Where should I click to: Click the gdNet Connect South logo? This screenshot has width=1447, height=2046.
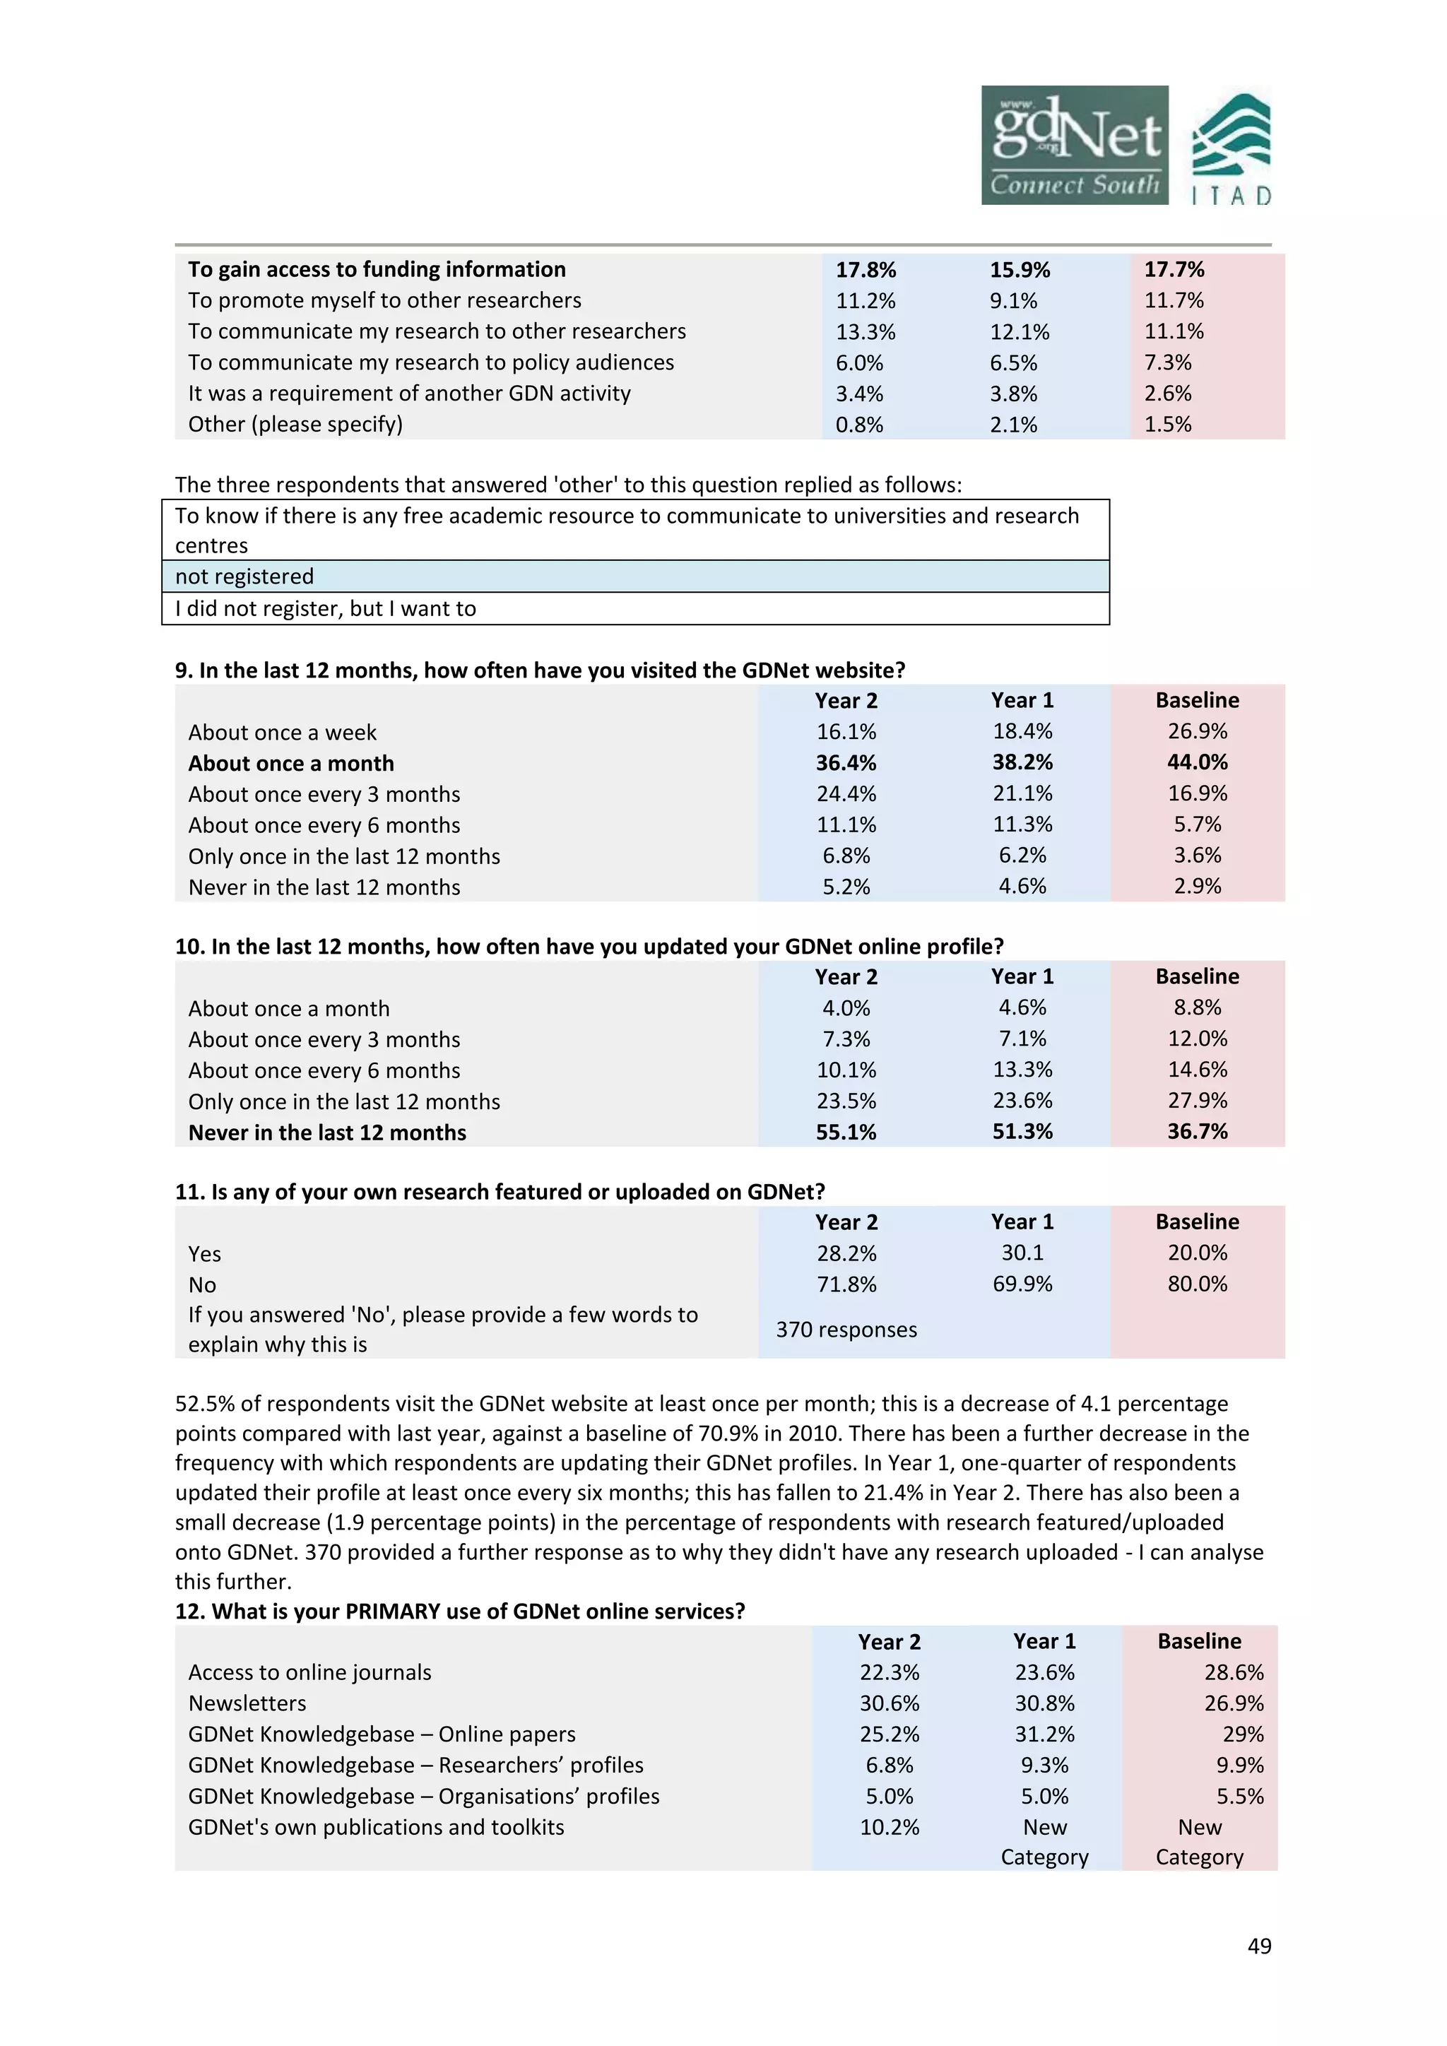click(x=1074, y=146)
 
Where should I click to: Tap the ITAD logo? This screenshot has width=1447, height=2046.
click(x=1232, y=149)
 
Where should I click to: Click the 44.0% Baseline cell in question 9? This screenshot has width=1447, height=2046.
click(x=1197, y=763)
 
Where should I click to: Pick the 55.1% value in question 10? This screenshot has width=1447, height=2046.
click(x=846, y=1133)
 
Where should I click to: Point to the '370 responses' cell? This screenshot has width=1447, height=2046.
click(x=846, y=1330)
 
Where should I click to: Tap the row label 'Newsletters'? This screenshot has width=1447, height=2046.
click(x=247, y=1703)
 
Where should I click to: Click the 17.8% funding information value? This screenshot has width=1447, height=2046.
click(x=866, y=270)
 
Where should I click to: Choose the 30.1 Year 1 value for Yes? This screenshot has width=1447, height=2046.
click(x=1022, y=1253)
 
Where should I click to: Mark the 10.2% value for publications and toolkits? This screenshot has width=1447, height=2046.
click(x=888, y=1827)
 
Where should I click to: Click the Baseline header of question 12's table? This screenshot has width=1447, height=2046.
click(x=1198, y=1641)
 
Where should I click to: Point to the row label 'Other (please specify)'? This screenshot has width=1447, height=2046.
click(x=295, y=424)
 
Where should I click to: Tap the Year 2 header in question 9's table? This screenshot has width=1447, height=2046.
click(x=846, y=700)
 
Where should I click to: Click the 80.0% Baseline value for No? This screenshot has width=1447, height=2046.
click(x=1197, y=1284)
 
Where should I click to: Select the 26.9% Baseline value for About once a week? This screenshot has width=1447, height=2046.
click(x=1197, y=732)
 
